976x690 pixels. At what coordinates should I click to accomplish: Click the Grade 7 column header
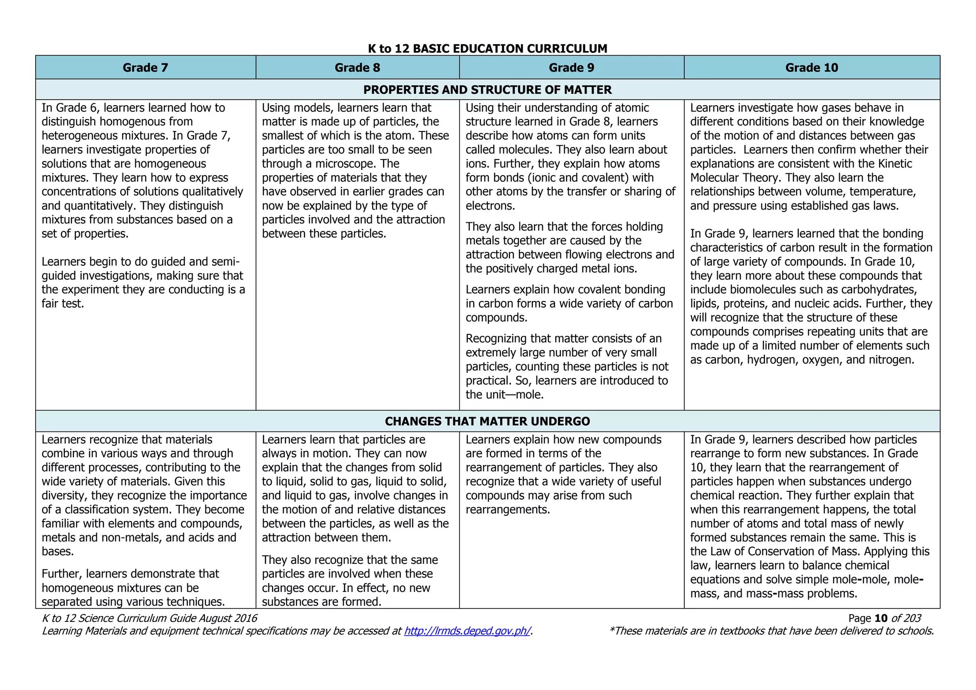(x=145, y=68)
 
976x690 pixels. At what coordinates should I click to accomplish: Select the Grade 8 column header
(x=357, y=68)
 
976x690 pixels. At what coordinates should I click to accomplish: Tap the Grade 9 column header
(x=571, y=68)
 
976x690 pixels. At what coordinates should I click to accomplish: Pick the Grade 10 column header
(x=812, y=68)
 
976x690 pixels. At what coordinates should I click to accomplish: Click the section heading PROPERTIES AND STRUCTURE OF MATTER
(x=488, y=90)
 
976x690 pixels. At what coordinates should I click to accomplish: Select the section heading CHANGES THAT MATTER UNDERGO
(x=488, y=421)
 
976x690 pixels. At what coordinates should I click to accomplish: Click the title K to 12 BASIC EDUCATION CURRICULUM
(x=488, y=48)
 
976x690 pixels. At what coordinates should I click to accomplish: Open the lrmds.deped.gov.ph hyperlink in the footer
(x=467, y=631)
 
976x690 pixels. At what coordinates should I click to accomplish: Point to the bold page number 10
(x=881, y=618)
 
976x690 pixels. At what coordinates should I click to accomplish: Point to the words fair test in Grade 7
(x=62, y=304)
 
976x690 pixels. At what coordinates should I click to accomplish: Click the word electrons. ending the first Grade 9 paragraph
(x=490, y=206)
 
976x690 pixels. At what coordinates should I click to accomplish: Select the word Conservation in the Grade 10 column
(x=781, y=552)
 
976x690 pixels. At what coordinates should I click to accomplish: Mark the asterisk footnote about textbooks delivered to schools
(x=771, y=631)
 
